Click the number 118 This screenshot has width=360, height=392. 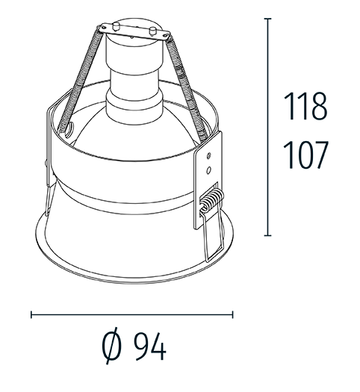click(x=307, y=107)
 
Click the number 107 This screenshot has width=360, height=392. click(x=307, y=155)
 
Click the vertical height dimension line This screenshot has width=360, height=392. click(x=267, y=127)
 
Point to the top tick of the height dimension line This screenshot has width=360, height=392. click(x=267, y=18)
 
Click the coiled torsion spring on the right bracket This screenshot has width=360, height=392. click(x=212, y=199)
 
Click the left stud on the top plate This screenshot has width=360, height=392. click(x=116, y=27)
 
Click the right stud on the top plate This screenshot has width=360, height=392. click(x=154, y=32)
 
